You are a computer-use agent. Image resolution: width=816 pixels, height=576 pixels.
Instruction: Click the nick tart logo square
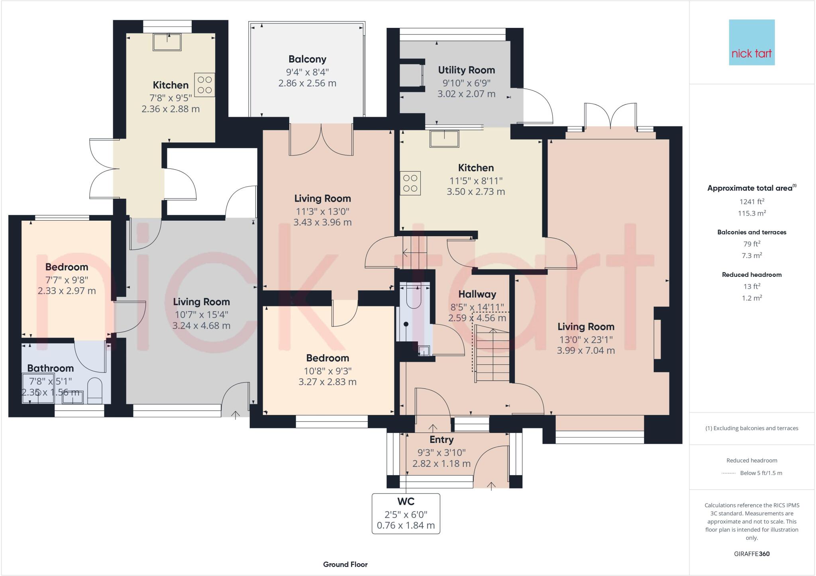click(x=751, y=42)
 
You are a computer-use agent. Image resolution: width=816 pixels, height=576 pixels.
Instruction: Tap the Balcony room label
click(x=307, y=59)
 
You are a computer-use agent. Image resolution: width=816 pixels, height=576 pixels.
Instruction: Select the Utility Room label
click(x=466, y=70)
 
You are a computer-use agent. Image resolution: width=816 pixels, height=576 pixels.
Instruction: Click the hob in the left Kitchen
click(x=204, y=85)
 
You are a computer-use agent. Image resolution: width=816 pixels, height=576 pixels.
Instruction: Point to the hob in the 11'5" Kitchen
click(x=410, y=183)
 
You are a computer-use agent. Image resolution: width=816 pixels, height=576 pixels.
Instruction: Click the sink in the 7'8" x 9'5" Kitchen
click(x=167, y=42)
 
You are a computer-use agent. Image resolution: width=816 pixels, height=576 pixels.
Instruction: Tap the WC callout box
click(x=406, y=513)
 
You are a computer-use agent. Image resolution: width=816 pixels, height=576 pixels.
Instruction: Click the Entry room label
click(x=441, y=440)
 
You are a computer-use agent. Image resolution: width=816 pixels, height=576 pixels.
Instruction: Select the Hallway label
click(x=477, y=294)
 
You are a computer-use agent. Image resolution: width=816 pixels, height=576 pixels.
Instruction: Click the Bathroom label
click(x=50, y=368)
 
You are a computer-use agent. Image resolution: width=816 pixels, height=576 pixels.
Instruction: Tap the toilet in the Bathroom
click(x=94, y=389)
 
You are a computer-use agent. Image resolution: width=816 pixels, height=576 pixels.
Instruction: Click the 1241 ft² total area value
click(x=751, y=202)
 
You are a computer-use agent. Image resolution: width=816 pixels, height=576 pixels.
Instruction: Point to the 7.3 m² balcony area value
click(x=751, y=255)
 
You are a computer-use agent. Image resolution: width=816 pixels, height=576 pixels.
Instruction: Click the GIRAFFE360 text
click(x=751, y=554)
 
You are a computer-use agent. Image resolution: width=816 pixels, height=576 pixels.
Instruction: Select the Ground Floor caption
click(x=345, y=564)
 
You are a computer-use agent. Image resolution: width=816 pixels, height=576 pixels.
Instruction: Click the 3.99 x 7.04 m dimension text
click(x=586, y=351)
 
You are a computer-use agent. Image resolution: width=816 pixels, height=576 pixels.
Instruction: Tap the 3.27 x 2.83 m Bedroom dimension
click(x=327, y=382)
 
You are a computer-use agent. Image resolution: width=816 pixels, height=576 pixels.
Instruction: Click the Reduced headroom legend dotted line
click(x=728, y=473)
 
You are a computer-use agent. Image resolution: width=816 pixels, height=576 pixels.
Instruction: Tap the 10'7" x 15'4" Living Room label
click(x=201, y=314)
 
